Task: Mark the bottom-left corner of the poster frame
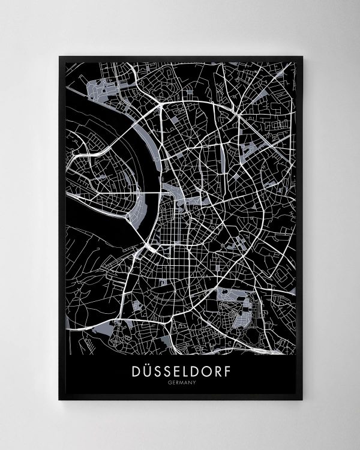coord(59,399)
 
